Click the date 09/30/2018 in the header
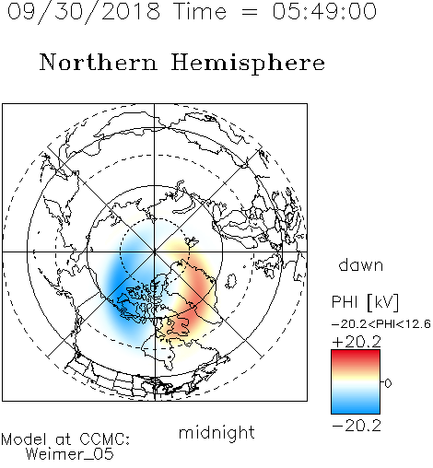point(84,12)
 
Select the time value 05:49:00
point(324,11)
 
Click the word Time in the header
point(200,11)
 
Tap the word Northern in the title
point(99,63)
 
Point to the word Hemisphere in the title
point(248,64)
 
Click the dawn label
point(361,264)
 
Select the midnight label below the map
point(216,432)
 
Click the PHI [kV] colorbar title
point(365,302)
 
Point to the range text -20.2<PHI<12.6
point(381,324)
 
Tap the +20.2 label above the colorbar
point(357,342)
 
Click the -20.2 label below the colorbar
point(357,426)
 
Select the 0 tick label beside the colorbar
point(388,383)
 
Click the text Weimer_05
point(70,453)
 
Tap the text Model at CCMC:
point(65,439)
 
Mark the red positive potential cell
point(196,295)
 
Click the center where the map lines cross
point(155,252)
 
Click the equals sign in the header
point(250,12)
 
